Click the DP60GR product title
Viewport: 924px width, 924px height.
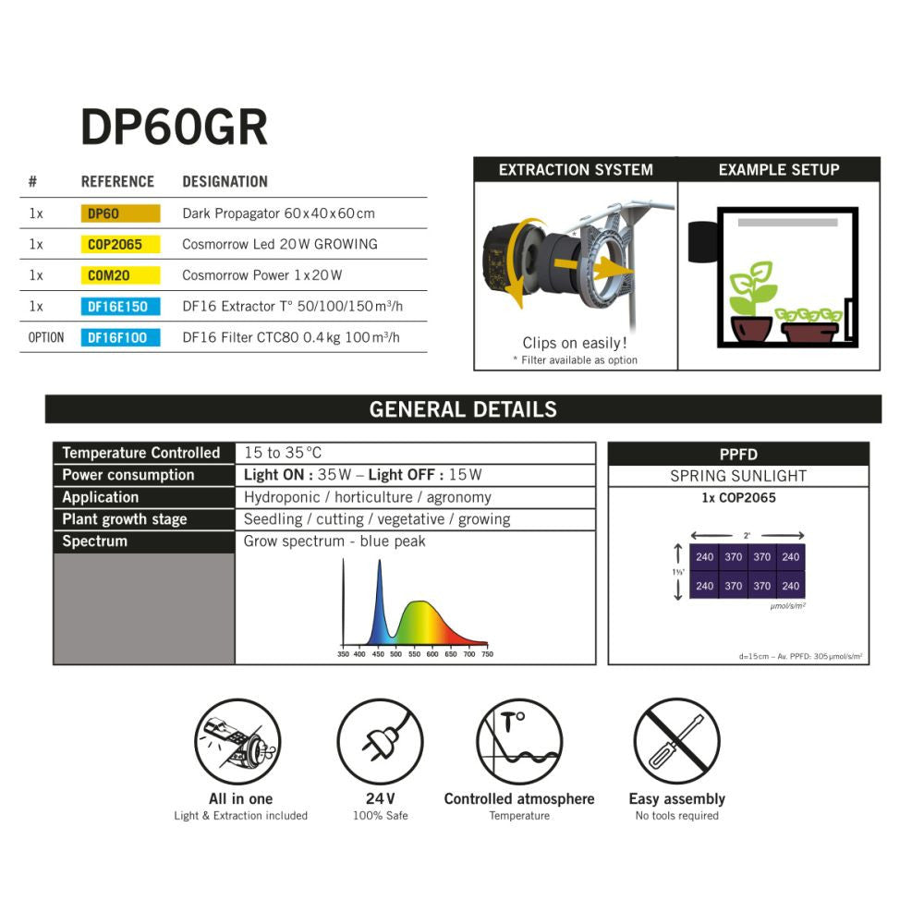175,128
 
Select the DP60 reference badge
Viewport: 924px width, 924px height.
120,213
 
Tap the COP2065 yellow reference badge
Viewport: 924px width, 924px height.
120,245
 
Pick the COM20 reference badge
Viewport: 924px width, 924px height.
120,275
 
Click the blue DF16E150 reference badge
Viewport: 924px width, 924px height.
120,307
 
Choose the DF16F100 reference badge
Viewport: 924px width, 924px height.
120,337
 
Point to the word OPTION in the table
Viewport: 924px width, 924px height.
46,337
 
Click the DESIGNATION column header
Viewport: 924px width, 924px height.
225,182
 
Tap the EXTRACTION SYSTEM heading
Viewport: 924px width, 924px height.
576,170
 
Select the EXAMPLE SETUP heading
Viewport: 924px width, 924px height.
779,170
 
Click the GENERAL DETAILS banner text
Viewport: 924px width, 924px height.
463,409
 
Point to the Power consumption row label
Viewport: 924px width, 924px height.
128,475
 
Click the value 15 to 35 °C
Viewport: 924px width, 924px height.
283,453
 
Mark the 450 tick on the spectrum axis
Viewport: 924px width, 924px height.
378,654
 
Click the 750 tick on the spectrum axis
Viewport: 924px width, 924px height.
487,654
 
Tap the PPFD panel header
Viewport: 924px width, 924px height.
738,454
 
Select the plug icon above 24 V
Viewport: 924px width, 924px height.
380,742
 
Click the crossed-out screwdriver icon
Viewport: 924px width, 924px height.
676,742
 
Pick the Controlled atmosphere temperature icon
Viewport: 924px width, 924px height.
518,742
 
